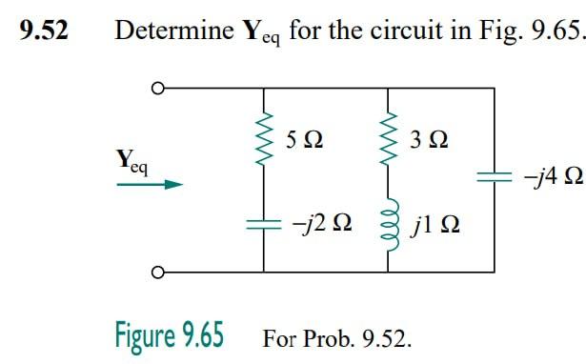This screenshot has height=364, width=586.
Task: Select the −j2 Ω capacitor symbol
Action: (263, 225)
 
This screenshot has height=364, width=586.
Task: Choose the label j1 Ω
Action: (437, 227)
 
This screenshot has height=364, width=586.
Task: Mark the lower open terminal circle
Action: (156, 273)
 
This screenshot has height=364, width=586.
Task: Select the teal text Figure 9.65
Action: (170, 336)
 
